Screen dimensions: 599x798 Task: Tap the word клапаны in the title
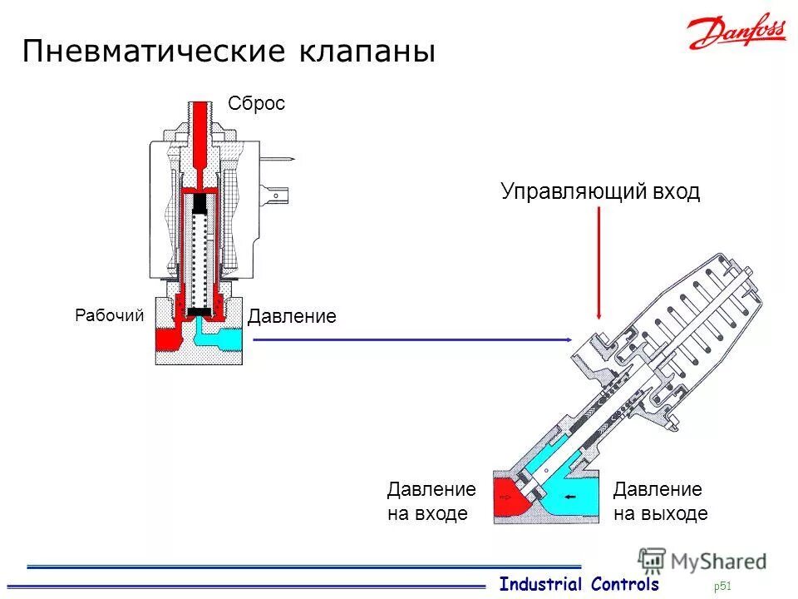(x=366, y=52)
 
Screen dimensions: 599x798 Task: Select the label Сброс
(x=256, y=103)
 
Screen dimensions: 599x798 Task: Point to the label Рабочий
(x=110, y=315)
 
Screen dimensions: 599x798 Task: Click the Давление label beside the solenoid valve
(x=292, y=316)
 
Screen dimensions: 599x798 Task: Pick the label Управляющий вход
(x=600, y=191)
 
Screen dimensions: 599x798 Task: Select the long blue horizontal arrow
(x=411, y=339)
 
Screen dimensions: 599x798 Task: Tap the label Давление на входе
(x=431, y=502)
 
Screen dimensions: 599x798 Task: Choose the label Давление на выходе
(x=660, y=502)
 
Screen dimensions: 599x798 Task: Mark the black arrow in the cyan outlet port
(x=573, y=497)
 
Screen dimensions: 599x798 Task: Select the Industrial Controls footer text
(x=579, y=584)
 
